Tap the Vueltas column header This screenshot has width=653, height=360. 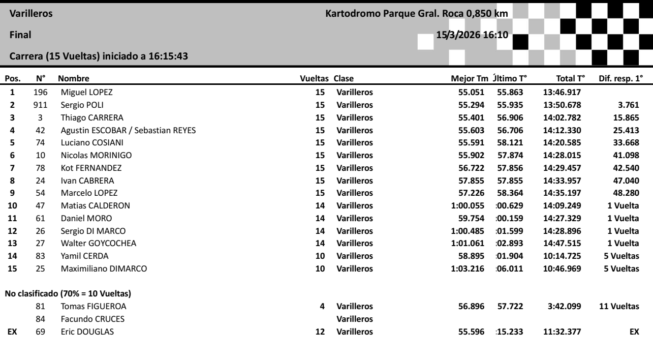pos(316,79)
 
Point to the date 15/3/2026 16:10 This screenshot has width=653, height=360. pos(474,35)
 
